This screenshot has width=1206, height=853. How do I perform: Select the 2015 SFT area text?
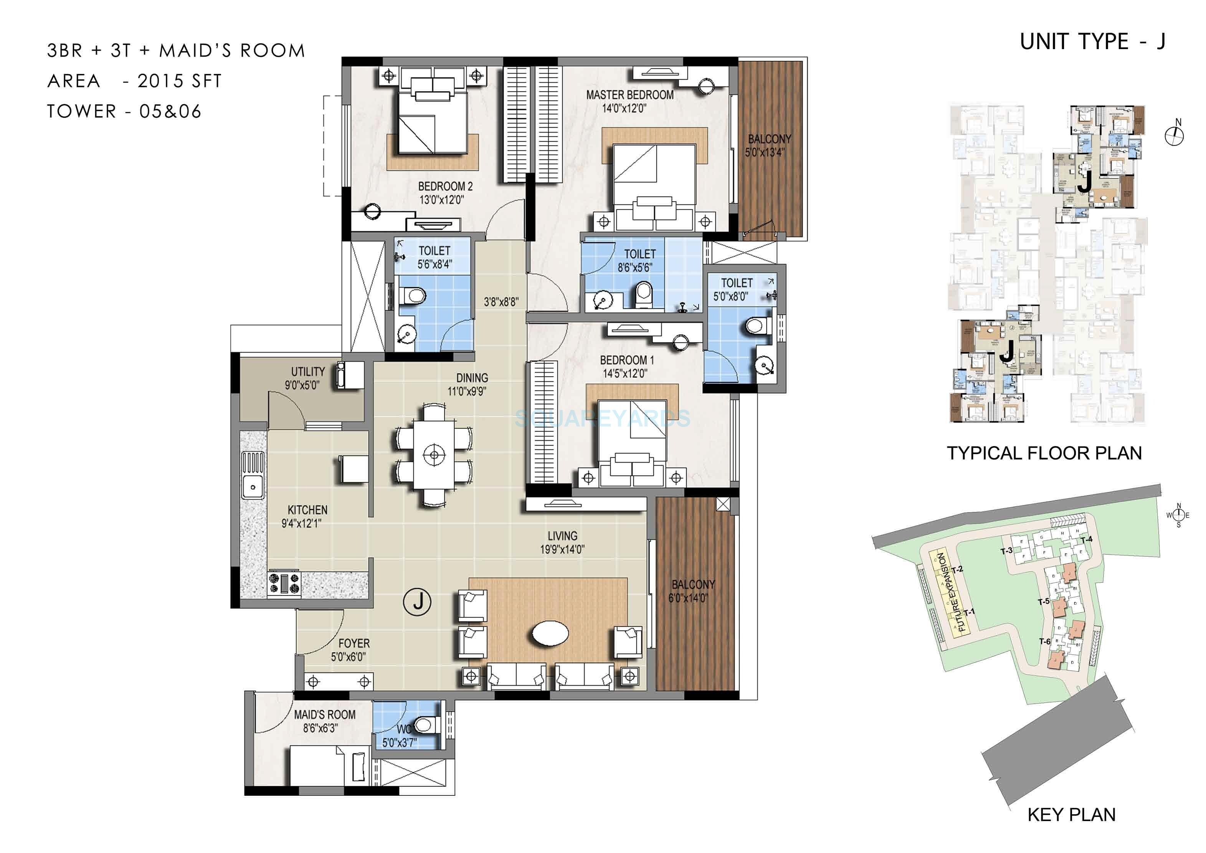point(180,81)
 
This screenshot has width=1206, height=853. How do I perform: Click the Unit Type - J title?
point(1092,42)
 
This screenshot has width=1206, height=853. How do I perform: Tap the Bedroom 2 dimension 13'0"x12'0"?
point(442,200)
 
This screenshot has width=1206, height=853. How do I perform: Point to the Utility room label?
point(308,371)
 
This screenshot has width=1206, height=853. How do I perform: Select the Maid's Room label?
point(325,715)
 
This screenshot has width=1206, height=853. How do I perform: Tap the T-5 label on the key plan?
point(1043,602)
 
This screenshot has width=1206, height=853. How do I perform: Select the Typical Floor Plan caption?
point(1044,453)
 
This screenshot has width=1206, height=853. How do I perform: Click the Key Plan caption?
point(1071,815)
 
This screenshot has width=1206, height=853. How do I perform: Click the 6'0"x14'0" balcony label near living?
point(688,598)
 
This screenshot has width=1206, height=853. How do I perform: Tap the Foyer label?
point(354,643)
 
